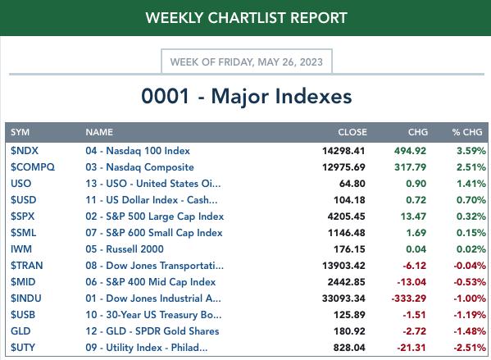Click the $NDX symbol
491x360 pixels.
tap(25, 151)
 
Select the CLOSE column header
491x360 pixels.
tap(352, 132)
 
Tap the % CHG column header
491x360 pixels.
tap(467, 132)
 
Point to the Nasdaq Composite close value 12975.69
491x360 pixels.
tap(343, 167)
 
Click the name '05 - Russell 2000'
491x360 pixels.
tap(125, 249)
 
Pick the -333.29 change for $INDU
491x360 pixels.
tap(409, 298)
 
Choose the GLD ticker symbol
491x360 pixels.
tap(20, 331)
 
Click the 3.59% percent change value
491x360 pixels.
tap(471, 151)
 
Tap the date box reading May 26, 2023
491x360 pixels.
tap(247, 62)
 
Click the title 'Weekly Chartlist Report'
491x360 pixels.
tap(247, 18)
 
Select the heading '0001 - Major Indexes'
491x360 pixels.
tap(247, 96)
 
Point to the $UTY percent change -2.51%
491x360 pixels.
tap(470, 348)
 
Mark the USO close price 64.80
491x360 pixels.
tap(352, 184)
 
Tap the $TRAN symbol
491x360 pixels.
tap(26, 266)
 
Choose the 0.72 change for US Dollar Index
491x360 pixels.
tap(416, 200)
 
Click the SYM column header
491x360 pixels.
tap(20, 132)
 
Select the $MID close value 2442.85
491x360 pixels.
tap(347, 282)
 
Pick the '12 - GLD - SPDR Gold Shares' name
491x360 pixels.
tap(152, 331)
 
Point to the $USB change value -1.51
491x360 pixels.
tap(414, 315)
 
